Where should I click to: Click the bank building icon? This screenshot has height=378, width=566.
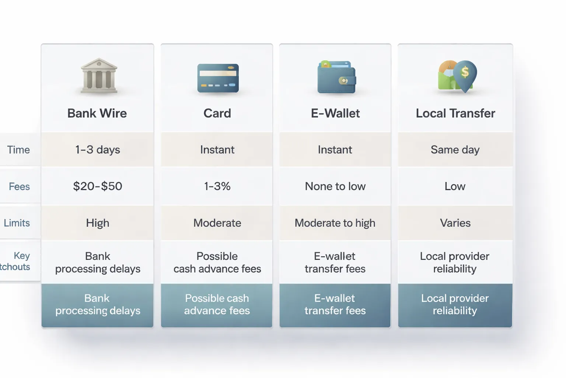point(98,76)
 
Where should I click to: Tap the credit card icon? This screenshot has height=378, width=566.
point(218,78)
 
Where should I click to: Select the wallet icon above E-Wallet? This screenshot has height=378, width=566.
point(336,77)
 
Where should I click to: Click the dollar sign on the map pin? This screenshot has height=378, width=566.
point(465,72)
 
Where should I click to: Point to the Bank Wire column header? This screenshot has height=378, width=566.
point(97,113)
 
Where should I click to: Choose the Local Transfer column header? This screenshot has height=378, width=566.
point(455,113)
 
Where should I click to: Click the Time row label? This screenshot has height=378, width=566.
point(18,150)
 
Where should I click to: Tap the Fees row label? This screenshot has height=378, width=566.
point(19,186)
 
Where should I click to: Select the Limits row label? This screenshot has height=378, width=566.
point(17,223)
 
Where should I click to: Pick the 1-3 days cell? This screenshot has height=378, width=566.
point(98,150)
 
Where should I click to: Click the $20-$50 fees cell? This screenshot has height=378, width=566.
point(98,186)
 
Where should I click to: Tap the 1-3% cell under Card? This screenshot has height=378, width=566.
point(217,186)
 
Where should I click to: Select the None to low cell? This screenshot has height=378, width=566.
point(335,186)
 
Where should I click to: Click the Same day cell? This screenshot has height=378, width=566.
point(455,150)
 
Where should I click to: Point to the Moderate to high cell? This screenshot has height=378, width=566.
point(335,223)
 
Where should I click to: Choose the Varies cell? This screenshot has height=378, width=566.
point(455,223)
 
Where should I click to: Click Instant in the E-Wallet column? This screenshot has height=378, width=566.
point(335,150)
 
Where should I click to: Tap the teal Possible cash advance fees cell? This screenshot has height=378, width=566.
point(217,305)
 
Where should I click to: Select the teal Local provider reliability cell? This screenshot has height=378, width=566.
point(455,305)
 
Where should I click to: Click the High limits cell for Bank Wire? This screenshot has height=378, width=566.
point(98,223)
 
